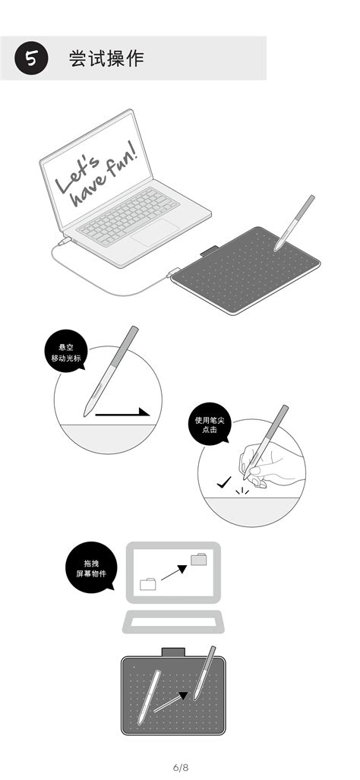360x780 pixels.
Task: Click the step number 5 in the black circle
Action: click(x=30, y=58)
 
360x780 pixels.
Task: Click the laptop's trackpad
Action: click(x=155, y=232)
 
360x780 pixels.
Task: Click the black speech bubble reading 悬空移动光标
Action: click(x=65, y=351)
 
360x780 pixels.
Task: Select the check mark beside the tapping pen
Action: click(x=223, y=482)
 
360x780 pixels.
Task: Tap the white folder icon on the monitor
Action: click(x=149, y=584)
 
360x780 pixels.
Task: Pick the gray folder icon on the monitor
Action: click(x=199, y=560)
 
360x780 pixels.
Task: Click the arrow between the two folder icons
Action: click(x=174, y=572)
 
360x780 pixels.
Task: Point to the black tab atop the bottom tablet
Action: click(x=173, y=651)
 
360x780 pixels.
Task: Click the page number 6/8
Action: click(x=179, y=766)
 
